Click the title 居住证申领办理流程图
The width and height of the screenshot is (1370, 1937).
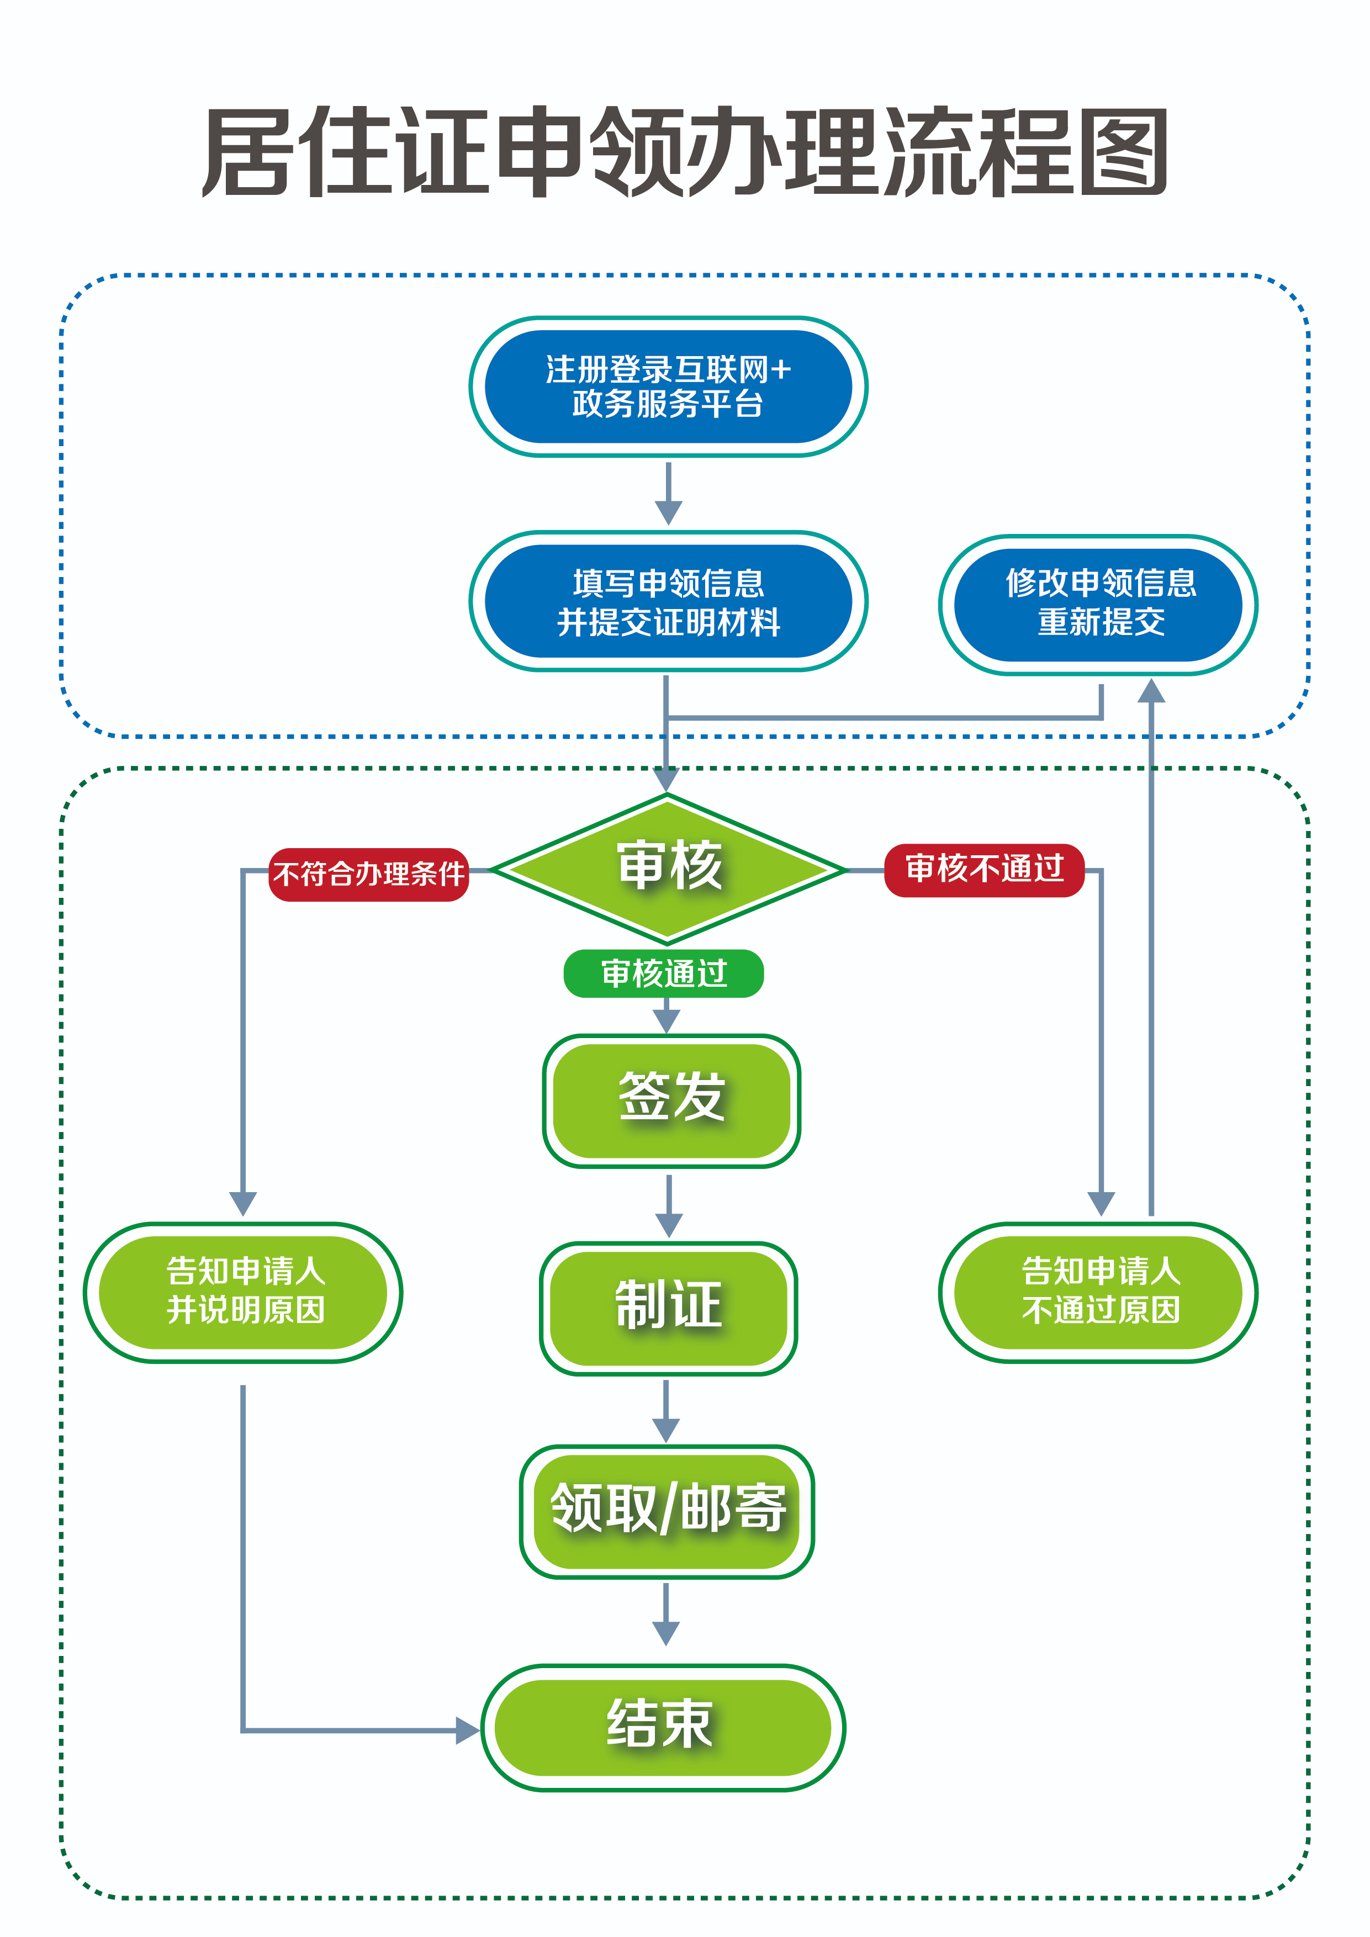[684, 152]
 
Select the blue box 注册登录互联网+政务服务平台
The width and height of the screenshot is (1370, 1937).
[668, 387]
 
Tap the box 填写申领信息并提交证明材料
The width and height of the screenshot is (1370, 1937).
[668, 601]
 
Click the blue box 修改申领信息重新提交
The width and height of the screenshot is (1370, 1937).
[1098, 604]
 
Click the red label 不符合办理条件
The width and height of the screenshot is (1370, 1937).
[369, 874]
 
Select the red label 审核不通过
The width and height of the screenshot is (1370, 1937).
[983, 869]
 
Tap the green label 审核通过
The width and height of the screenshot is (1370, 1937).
[664, 973]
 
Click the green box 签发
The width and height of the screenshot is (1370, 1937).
[671, 1100]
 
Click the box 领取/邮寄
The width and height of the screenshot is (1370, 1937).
[667, 1511]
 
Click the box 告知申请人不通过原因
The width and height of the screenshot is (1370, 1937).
[1098, 1292]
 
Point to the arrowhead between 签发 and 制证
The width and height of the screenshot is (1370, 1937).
[669, 1225]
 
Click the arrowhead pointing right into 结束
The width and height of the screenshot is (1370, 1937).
[467, 1730]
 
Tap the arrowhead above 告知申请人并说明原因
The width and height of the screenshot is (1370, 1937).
[243, 1203]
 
